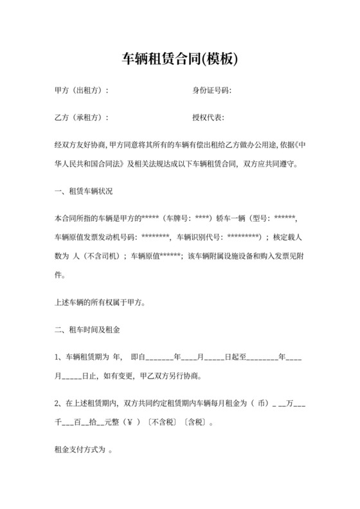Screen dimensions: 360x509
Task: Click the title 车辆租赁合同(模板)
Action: tap(180, 60)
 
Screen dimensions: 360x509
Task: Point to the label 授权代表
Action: tap(207, 118)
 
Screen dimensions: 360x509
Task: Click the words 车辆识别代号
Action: tap(196, 237)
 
